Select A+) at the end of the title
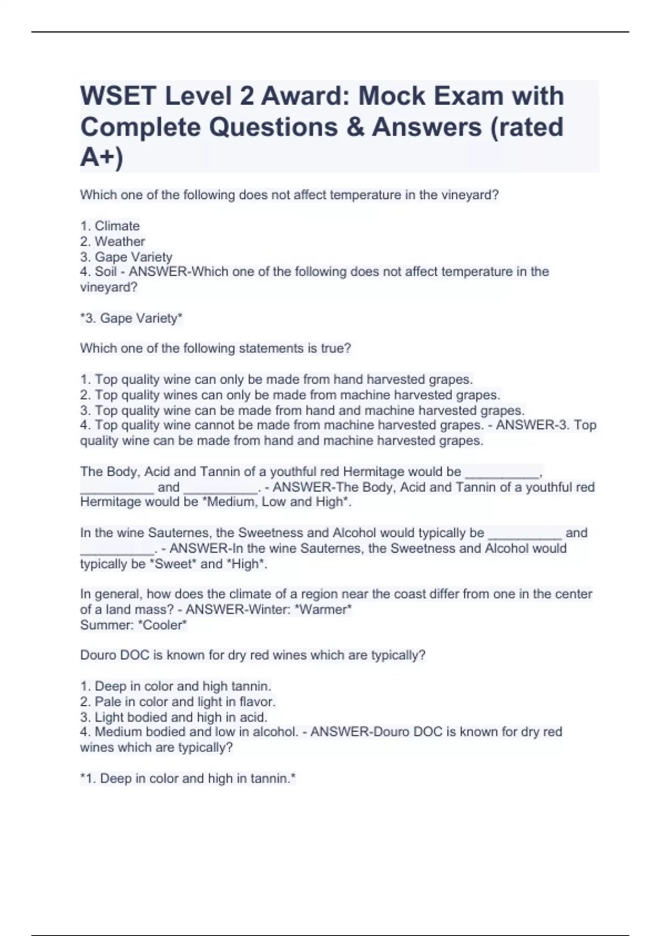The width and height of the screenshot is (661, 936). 102,157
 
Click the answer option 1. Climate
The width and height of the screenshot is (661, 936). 110,226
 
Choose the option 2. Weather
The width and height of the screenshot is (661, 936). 113,241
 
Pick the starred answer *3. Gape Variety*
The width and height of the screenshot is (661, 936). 132,318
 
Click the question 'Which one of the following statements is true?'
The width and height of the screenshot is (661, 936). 215,348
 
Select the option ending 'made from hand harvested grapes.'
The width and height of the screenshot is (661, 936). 277,379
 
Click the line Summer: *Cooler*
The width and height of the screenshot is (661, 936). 133,625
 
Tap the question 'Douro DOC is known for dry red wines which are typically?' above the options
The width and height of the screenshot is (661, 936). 253,655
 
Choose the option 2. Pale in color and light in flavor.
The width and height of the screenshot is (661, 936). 178,701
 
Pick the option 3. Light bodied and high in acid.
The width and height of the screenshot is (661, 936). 174,717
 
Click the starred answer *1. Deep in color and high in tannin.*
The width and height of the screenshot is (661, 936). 188,779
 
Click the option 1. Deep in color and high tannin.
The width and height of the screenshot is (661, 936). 176,686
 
